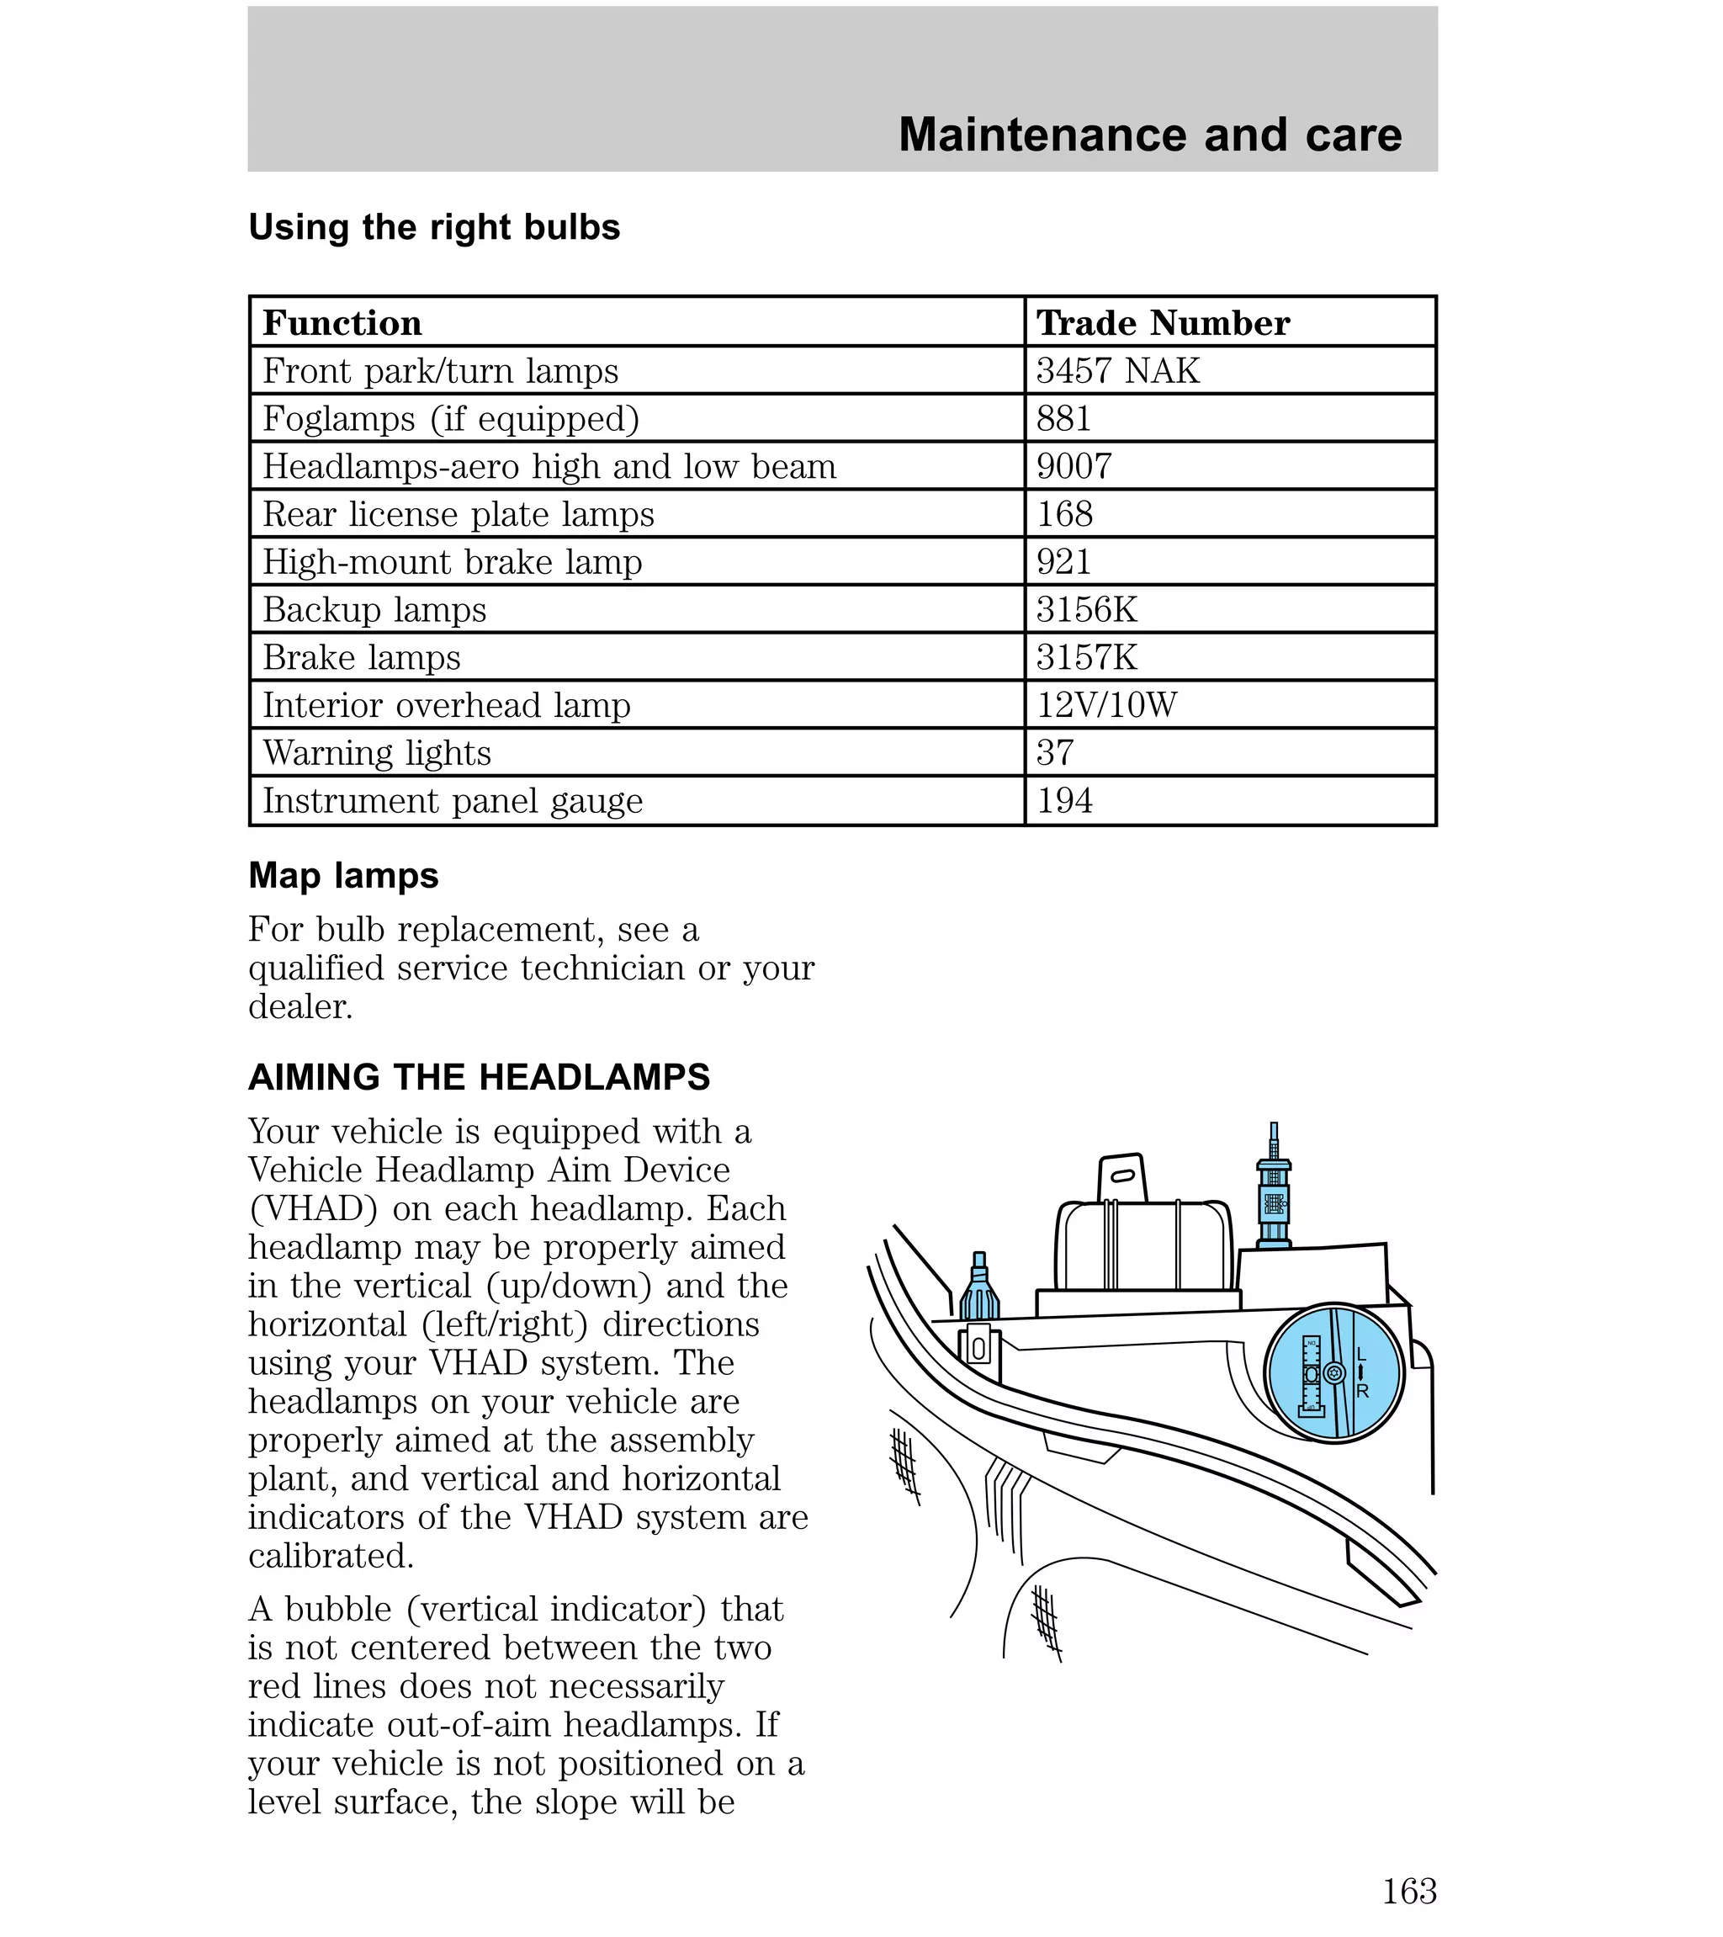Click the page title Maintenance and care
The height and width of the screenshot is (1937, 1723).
1148,135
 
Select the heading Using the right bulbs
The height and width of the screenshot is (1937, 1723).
434,227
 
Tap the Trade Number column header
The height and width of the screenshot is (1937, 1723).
1162,323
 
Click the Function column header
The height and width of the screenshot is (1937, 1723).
342,323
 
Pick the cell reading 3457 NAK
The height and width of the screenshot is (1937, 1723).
1117,370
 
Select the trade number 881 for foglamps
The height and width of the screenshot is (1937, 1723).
1063,419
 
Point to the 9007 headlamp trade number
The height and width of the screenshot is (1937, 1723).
1073,466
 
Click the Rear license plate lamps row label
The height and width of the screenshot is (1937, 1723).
458,515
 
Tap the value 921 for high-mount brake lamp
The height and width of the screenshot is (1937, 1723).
1063,562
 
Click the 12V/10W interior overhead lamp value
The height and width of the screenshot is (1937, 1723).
1105,705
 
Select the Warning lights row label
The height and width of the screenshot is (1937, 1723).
376,753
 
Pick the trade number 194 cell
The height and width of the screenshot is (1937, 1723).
1063,801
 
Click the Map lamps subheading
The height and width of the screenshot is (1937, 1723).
343,876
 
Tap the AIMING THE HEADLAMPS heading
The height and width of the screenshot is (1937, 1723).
479,1078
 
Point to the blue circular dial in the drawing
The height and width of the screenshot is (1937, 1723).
1333,1372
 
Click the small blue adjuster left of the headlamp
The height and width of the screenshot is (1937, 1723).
979,1291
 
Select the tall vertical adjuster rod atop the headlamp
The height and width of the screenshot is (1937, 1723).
1273,1189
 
